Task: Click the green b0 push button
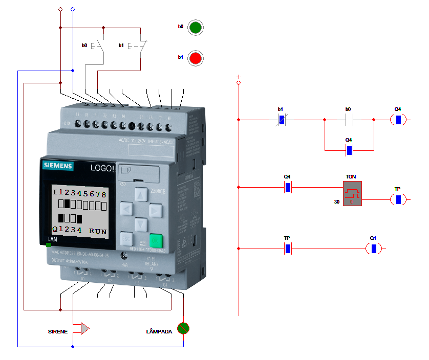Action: coord(195,28)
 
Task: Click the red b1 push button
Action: coord(195,58)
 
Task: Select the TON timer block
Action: coord(352,193)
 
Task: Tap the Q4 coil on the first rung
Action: coord(398,120)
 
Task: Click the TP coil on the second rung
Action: coord(398,199)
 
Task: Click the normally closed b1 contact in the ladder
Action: coord(281,120)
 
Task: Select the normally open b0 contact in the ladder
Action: coord(348,120)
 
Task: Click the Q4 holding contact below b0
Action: coord(349,150)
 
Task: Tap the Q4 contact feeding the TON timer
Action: coord(287,188)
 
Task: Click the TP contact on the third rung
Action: coord(287,249)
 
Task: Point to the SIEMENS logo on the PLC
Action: coord(58,166)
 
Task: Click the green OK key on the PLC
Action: coord(156,240)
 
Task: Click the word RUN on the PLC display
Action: coord(98,231)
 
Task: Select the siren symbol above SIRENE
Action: coord(83,328)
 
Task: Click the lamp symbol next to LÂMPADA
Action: coord(183,328)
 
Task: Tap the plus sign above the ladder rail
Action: coord(238,77)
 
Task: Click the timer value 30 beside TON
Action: coord(336,202)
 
